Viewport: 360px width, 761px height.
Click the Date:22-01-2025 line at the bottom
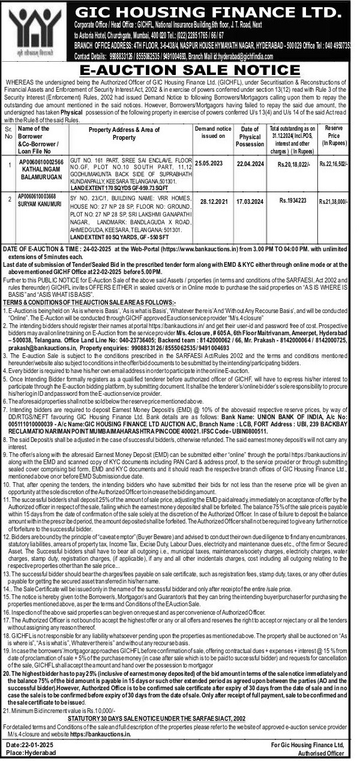[x=31, y=744]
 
